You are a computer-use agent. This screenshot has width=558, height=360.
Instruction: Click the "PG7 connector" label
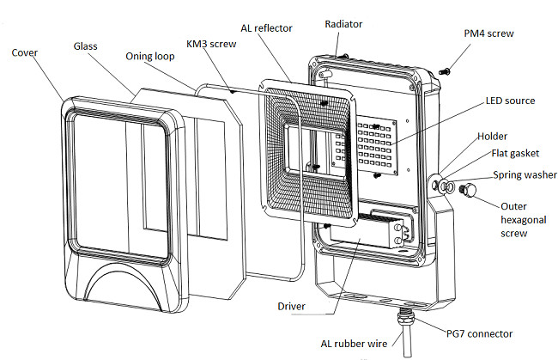(479, 333)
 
